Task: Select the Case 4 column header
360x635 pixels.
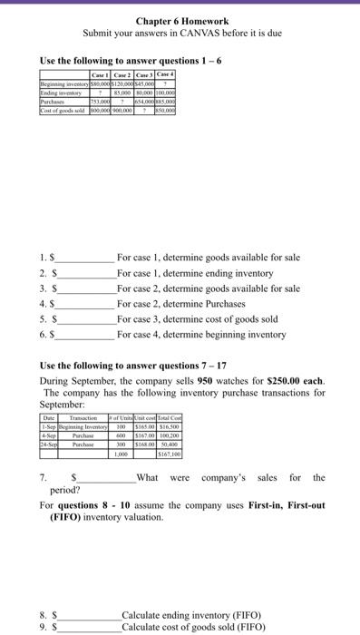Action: coord(165,73)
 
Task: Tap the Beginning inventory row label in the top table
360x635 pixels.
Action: coord(63,82)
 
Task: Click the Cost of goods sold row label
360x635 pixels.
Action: coord(63,106)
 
